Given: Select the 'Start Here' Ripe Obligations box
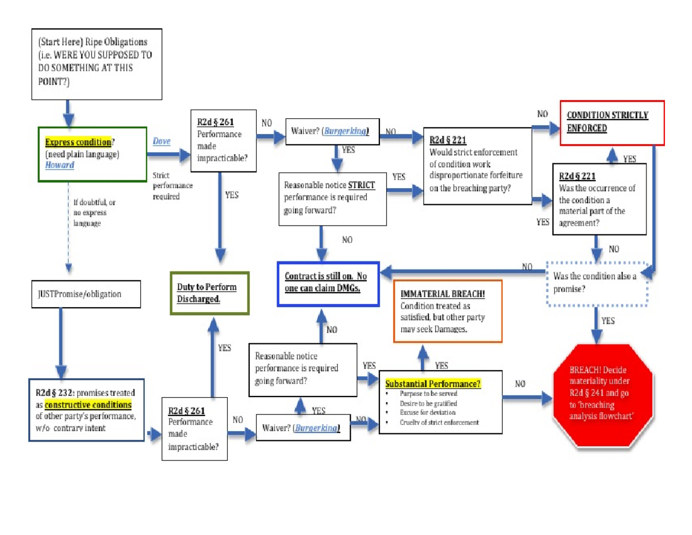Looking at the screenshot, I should click(x=96, y=63).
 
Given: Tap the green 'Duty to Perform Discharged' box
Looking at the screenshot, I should click(x=209, y=293).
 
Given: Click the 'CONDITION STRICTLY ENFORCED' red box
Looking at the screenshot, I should click(x=612, y=122).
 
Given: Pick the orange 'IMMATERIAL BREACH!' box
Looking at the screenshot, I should click(x=447, y=311).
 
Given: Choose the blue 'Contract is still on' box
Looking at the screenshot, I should click(x=328, y=282).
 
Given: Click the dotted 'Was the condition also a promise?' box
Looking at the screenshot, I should click(x=598, y=282).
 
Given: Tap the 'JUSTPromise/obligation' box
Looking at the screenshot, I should click(x=85, y=294).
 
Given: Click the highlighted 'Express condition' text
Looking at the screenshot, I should click(x=78, y=142).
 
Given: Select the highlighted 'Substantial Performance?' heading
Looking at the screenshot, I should click(x=432, y=384).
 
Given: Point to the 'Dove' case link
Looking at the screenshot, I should click(x=161, y=141).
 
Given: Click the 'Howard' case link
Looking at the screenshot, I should click(x=59, y=165).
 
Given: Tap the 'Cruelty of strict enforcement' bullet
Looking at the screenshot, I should click(x=439, y=422).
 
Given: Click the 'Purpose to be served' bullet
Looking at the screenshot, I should click(x=428, y=393).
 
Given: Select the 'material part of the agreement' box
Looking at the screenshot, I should click(x=599, y=199).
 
